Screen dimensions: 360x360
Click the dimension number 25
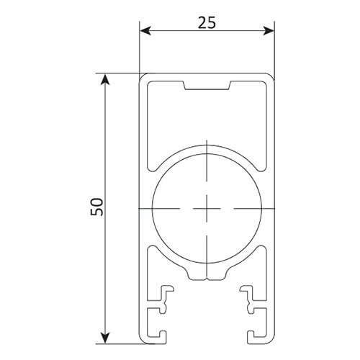(207, 23)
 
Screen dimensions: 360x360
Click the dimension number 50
(96, 207)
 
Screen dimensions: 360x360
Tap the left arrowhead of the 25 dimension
(145, 31)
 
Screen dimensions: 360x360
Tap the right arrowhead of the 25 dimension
(269, 31)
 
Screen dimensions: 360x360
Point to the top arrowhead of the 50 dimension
(105, 79)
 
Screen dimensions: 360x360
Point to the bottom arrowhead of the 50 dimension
(105, 338)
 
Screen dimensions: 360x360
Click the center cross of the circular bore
(207, 208)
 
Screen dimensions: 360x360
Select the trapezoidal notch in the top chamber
(207, 86)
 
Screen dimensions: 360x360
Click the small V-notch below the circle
(207, 279)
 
